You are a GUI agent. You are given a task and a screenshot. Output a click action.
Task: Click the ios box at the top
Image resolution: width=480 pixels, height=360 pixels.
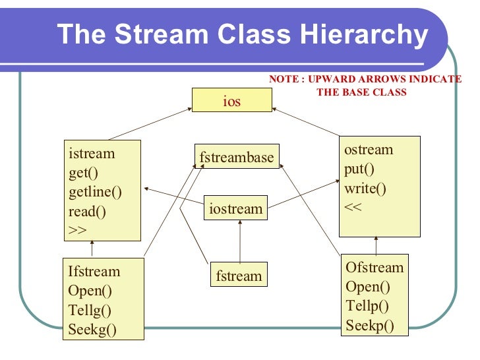click(x=231, y=101)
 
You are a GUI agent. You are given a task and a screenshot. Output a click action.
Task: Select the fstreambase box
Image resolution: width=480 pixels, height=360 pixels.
click(x=236, y=158)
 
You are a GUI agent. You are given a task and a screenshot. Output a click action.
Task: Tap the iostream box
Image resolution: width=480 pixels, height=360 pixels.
click(x=236, y=209)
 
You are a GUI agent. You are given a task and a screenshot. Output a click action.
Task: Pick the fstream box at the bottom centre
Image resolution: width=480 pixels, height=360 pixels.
click(x=238, y=276)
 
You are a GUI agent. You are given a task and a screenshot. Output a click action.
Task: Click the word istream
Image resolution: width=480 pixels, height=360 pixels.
click(x=92, y=154)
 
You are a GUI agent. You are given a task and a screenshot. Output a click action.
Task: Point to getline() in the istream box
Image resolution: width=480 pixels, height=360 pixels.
click(x=95, y=193)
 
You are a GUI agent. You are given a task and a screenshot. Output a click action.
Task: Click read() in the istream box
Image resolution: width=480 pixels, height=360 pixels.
click(x=87, y=212)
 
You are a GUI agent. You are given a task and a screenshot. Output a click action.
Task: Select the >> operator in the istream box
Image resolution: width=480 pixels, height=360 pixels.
click(x=78, y=230)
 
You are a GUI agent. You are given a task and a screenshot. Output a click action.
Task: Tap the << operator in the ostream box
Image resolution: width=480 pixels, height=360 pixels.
click(x=353, y=207)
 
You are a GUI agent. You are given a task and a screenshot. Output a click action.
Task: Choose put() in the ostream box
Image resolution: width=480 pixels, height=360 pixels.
click(x=359, y=169)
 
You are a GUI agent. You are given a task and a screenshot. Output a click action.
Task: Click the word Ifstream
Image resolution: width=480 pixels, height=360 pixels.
click(x=94, y=272)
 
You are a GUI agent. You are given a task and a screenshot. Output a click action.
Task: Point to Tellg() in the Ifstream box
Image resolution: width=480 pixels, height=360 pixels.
click(x=90, y=311)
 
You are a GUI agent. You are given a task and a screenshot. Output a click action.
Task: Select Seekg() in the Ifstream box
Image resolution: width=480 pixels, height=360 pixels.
click(x=92, y=330)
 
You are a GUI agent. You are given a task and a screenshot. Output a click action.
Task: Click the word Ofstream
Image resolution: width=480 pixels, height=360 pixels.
click(x=375, y=268)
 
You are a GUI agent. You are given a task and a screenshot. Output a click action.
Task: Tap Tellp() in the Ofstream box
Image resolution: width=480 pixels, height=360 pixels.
click(x=367, y=306)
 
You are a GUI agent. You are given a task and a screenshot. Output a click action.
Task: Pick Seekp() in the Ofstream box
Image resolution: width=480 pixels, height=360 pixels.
click(x=369, y=325)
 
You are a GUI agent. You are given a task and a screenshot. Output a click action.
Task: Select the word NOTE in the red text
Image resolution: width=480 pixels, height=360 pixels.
click(x=284, y=79)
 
